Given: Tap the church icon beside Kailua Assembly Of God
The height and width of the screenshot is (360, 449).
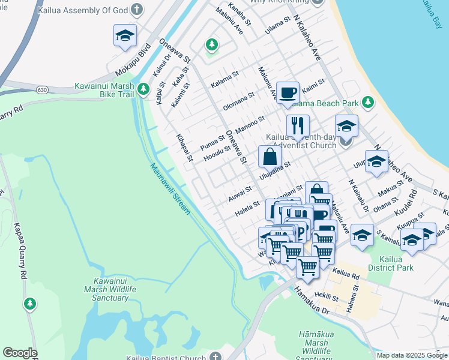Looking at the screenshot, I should point(137,10).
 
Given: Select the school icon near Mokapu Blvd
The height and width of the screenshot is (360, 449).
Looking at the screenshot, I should point(125,36).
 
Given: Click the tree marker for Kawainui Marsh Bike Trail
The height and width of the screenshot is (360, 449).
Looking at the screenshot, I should point(143,89).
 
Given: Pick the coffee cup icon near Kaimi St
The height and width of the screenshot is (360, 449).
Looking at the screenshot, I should point(288,92).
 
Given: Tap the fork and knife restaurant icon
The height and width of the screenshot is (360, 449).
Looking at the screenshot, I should point(298,125).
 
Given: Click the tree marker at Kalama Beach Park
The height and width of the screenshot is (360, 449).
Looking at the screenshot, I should point(367,103).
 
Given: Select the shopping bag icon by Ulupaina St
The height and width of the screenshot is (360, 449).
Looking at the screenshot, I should point(270,157).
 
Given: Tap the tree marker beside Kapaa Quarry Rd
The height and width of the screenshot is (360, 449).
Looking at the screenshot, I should point(29,304).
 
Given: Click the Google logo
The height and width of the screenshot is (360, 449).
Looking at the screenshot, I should point(20,353).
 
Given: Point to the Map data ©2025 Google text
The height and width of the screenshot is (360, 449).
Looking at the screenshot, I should point(412,355).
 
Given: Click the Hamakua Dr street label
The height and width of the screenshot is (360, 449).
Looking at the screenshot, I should point(312,302).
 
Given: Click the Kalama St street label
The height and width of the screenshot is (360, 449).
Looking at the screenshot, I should point(224,79).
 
